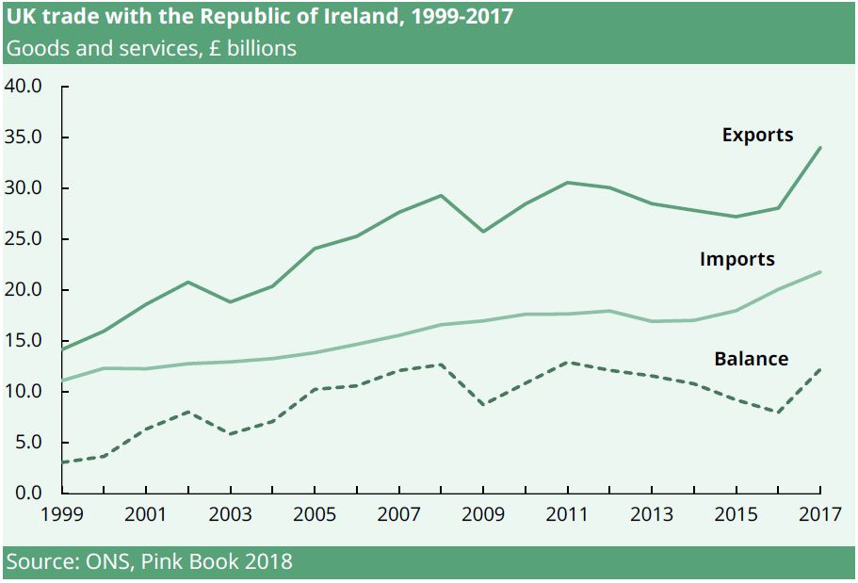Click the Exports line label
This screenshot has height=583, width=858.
coord(757,135)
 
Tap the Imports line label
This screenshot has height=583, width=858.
coord(737,259)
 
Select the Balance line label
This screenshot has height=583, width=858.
coord(751,359)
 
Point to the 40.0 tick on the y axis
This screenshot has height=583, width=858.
coord(24,87)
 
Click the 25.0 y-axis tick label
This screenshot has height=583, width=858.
coord(24,239)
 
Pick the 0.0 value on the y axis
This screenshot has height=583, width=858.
coord(28,493)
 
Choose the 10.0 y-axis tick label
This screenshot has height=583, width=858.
coord(24,392)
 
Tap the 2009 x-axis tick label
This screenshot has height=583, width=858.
coord(483,515)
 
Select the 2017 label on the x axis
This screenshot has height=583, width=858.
coord(819,515)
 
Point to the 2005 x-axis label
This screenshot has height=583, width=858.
coord(315,515)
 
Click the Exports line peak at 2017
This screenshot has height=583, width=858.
coord(820,148)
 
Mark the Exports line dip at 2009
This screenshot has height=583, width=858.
coord(483,232)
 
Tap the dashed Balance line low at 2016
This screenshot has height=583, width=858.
coord(778,412)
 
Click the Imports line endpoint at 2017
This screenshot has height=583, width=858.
coord(820,272)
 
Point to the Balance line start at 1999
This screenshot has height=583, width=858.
coord(62,462)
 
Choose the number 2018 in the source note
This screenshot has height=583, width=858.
coord(266,562)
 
